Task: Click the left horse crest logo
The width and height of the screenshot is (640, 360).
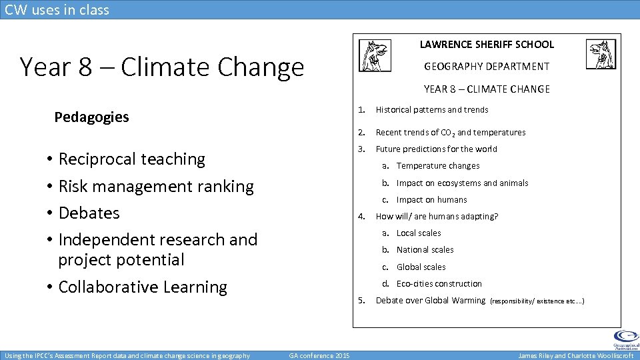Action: (375, 55)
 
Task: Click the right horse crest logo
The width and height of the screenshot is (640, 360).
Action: (601, 55)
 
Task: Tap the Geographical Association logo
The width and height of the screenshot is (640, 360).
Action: (625, 339)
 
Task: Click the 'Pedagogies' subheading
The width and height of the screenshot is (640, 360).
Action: (91, 117)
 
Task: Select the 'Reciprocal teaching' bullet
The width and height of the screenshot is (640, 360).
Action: (131, 159)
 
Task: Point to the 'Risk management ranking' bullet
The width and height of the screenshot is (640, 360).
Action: (156, 186)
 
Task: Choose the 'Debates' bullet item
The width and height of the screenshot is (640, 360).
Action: (89, 213)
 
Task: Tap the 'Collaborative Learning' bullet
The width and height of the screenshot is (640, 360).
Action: (143, 287)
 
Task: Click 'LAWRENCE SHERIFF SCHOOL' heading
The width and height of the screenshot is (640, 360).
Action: (487, 45)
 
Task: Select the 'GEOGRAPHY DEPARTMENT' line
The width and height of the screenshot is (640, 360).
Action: (487, 67)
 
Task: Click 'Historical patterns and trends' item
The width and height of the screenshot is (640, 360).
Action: (432, 110)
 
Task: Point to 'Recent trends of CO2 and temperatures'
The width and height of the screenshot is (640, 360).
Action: (451, 133)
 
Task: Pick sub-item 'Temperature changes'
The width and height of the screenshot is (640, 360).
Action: (437, 166)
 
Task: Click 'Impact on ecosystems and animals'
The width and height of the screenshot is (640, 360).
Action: (462, 183)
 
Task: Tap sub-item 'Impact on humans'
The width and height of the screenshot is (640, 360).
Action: (431, 200)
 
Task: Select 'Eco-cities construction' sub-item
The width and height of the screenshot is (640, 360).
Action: (439, 284)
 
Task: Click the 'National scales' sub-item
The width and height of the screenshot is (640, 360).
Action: (425, 250)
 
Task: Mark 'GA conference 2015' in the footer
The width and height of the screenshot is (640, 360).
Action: (319, 355)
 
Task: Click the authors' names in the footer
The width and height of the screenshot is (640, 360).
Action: (576, 355)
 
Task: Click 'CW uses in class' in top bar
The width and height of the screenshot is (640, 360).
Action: (57, 9)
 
